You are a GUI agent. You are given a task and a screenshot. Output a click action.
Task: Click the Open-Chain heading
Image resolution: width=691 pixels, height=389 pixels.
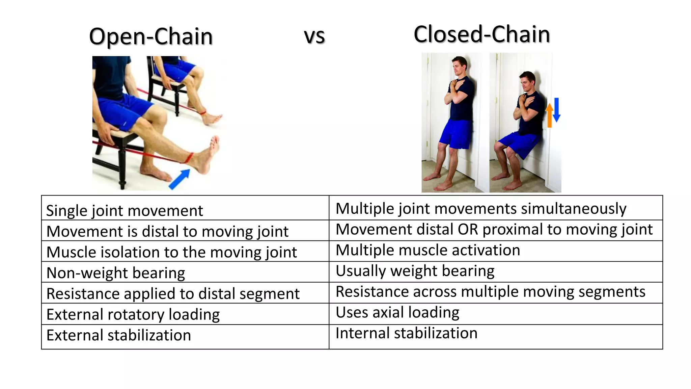click(x=151, y=36)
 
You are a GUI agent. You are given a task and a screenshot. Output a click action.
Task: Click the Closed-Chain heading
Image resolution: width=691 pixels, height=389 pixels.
click(x=481, y=34)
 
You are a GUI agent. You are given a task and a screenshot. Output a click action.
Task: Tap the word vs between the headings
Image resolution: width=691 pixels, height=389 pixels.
click(x=314, y=36)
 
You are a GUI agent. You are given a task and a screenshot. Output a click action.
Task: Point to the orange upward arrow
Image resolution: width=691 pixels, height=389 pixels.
click(x=549, y=115)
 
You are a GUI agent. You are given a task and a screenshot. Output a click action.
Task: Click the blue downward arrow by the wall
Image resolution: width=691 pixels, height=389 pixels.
click(x=556, y=109)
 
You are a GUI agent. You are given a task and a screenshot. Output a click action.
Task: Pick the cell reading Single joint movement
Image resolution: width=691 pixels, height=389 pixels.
click(x=125, y=211)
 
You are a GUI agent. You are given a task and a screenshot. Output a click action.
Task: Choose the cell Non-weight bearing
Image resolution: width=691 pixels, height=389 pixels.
click(x=116, y=273)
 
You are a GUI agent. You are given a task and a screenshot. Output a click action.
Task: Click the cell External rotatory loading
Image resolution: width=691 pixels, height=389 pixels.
click(x=133, y=314)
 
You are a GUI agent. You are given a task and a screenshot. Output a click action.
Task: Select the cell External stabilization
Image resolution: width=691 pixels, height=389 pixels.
click(x=119, y=335)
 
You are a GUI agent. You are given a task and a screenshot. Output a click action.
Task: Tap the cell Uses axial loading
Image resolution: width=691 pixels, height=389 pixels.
click(x=397, y=312)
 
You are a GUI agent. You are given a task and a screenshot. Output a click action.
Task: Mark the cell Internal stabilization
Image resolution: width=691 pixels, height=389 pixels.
click(x=407, y=333)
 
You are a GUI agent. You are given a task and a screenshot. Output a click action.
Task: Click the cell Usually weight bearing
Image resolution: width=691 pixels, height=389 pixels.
click(x=415, y=271)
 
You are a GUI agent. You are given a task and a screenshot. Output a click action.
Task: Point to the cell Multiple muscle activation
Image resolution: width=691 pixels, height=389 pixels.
click(x=428, y=250)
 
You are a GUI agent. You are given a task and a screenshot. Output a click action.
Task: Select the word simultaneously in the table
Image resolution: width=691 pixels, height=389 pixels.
click(x=573, y=209)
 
